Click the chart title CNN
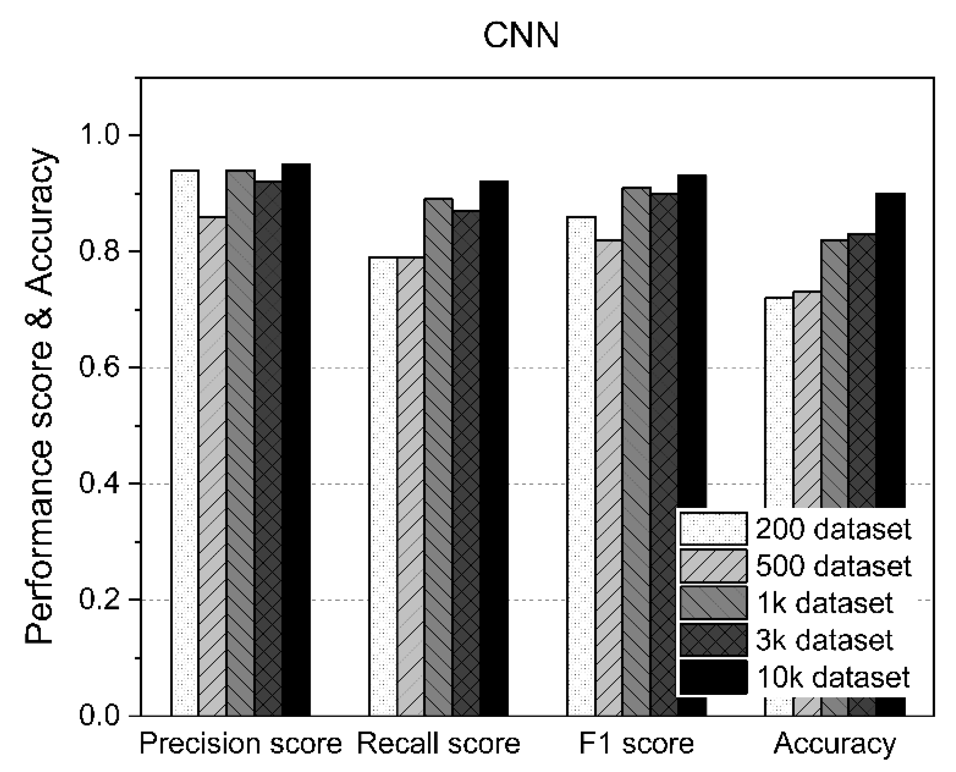click(521, 36)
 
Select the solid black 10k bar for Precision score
click(296, 439)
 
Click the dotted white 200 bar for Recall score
click(383, 486)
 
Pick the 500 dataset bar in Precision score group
click(212, 466)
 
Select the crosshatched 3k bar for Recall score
click(466, 462)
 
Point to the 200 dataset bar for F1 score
click(581, 466)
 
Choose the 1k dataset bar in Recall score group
click(438, 457)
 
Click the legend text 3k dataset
click(825, 640)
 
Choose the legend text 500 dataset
click(834, 566)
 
